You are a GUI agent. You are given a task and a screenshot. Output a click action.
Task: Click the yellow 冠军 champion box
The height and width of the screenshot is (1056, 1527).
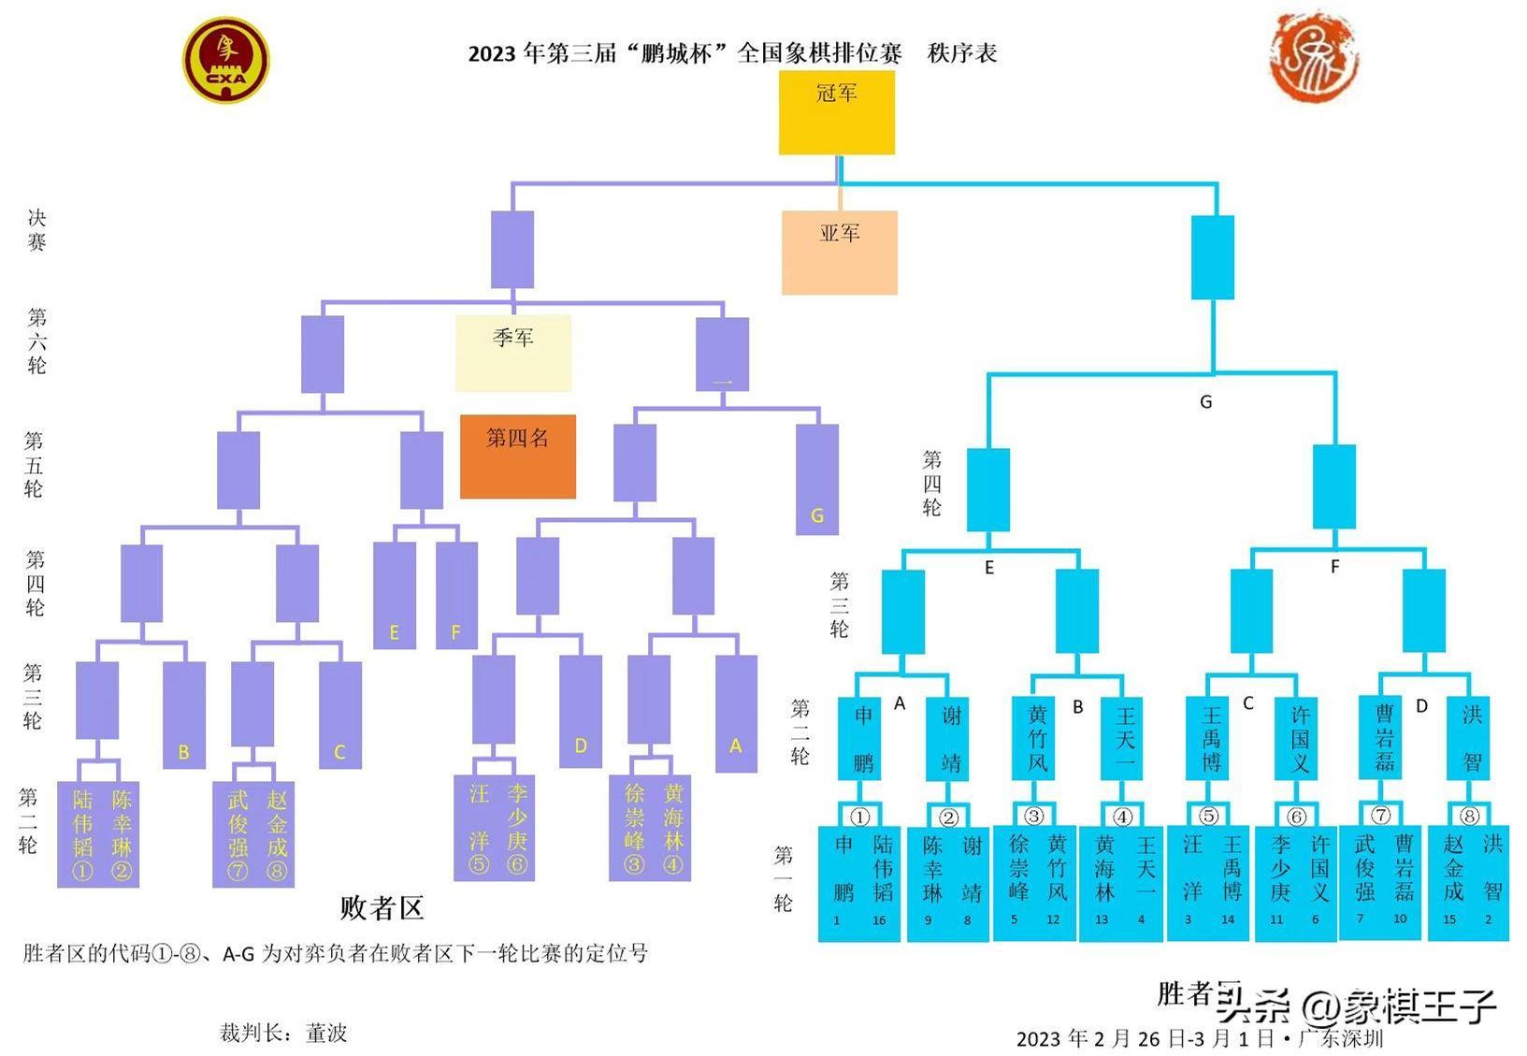[836, 113]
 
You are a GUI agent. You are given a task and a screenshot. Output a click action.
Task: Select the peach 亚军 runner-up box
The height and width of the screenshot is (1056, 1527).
[839, 253]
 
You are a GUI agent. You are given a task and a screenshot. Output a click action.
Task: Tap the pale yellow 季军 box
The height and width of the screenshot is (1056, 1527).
[512, 353]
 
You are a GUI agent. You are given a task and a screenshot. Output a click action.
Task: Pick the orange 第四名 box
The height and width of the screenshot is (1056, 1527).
[517, 456]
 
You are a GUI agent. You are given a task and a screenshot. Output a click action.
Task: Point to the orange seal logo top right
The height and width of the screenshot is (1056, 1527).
[1313, 57]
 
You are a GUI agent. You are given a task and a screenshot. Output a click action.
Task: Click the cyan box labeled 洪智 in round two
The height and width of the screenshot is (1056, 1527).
[1471, 739]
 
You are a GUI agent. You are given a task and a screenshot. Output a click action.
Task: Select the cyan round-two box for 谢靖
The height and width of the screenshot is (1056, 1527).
[951, 739]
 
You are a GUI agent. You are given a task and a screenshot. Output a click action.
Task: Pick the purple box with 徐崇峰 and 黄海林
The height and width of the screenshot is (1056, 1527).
[650, 828]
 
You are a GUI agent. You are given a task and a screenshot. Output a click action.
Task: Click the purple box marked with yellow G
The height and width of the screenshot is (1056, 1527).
[816, 479]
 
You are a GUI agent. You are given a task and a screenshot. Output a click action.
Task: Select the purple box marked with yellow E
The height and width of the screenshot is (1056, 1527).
[394, 596]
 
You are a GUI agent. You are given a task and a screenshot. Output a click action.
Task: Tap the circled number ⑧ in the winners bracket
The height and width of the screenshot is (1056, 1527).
[1469, 816]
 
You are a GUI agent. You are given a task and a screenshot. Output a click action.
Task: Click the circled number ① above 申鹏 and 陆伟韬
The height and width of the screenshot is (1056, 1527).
[860, 816]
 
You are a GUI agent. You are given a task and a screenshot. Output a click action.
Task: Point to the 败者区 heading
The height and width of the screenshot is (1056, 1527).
[382, 907]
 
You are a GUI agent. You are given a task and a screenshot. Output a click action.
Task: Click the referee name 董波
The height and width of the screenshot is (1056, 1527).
[326, 1033]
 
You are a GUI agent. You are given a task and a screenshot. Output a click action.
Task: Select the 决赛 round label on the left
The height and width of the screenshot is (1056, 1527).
[36, 230]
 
